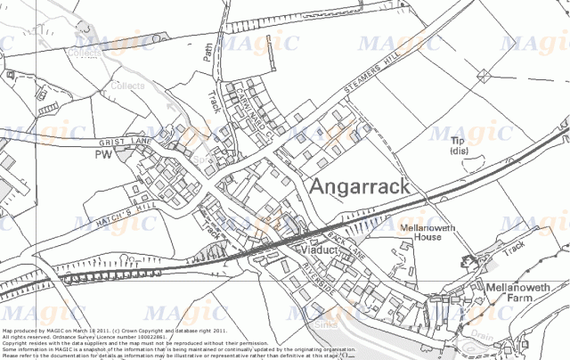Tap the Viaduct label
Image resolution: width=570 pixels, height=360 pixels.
click(x=319, y=253)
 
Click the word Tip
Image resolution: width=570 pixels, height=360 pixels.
click(x=459, y=141)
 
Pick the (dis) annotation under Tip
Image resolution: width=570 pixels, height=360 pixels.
click(x=459, y=151)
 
